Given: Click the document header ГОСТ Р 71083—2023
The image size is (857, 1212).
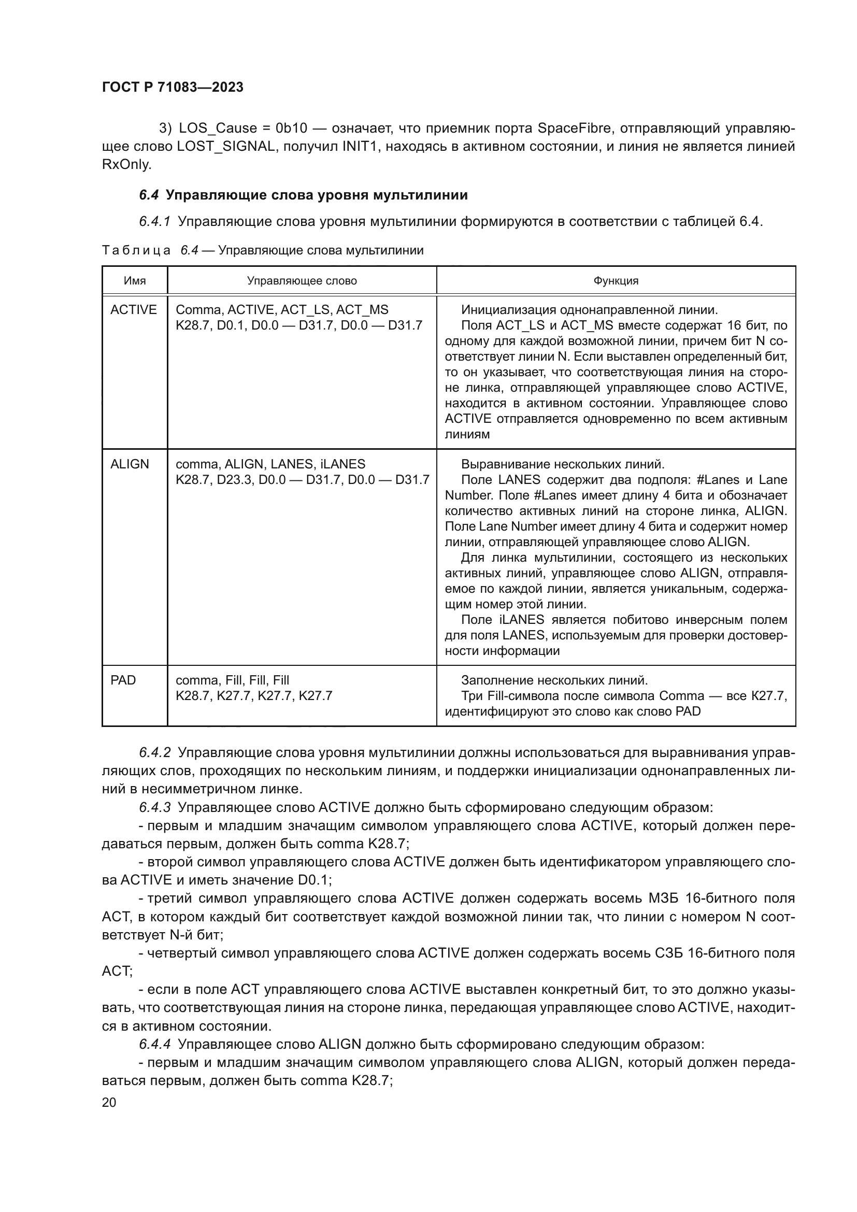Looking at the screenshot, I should point(173,88).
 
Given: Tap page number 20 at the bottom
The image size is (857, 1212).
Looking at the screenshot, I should point(109,1102).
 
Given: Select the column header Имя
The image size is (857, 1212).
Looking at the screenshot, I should point(135,281).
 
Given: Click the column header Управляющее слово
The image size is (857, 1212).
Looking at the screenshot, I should point(302,281).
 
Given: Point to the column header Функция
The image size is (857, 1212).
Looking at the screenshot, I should point(616,281).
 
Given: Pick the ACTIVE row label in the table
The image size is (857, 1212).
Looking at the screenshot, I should point(134,310).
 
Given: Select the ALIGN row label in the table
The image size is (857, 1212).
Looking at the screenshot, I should point(130,464).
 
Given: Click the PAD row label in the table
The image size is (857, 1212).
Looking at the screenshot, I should point(123,680).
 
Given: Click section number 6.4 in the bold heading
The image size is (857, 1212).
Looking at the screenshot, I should point(149,195).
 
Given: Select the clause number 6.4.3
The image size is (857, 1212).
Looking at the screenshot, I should point(154,808).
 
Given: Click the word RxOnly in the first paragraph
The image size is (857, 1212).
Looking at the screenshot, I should point(126,165).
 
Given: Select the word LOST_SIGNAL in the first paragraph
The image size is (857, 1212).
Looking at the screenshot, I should point(226,146).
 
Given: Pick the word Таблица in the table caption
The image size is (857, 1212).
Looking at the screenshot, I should point(136,250).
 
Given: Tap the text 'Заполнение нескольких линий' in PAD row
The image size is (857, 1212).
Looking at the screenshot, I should point(554,680).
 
